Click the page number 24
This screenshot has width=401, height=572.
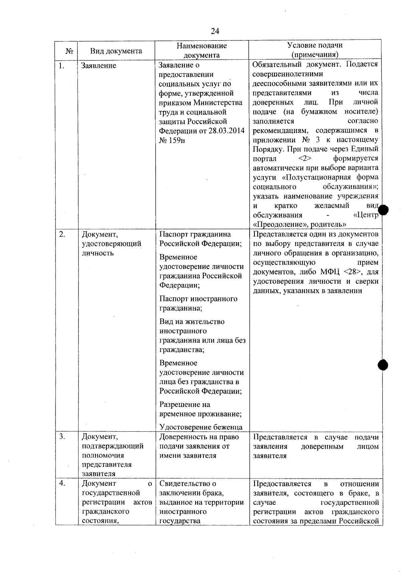click(215, 31)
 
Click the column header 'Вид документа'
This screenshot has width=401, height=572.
click(116, 51)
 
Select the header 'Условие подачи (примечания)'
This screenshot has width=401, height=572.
click(315, 50)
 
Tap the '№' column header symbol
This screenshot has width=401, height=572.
click(69, 51)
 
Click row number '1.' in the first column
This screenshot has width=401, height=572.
click(61, 66)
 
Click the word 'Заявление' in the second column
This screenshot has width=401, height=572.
click(99, 65)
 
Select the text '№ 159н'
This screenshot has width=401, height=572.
click(172, 140)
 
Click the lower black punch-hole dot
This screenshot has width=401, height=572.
click(383, 365)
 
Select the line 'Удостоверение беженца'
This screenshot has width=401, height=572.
click(200, 427)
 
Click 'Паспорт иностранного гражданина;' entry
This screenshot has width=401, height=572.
click(198, 303)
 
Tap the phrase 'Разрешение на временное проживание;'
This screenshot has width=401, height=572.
click(200, 409)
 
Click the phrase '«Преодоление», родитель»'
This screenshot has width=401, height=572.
click(299, 224)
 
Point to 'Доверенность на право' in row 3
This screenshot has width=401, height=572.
click(199, 437)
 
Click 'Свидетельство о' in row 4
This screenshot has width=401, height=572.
click(187, 483)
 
